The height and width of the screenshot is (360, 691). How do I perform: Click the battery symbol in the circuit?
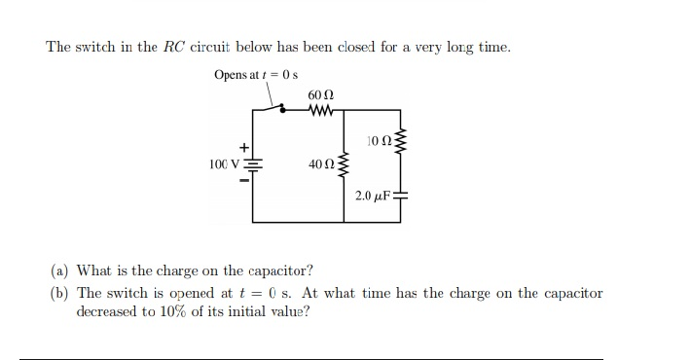click(253, 162)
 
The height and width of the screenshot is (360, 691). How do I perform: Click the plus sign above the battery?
click(245, 146)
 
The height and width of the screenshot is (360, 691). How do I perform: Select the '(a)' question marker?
click(61, 270)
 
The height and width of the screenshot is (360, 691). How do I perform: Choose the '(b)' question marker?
click(61, 293)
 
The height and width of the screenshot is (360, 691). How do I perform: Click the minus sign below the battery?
click(245, 179)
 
